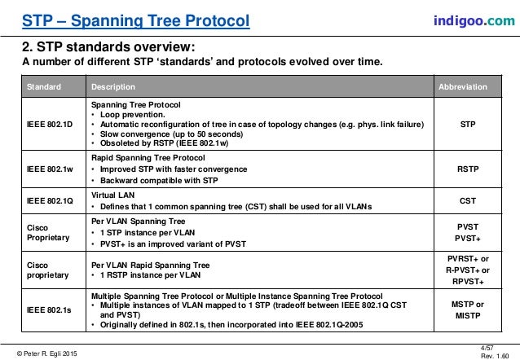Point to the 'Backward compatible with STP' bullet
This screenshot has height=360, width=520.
coord(155,179)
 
